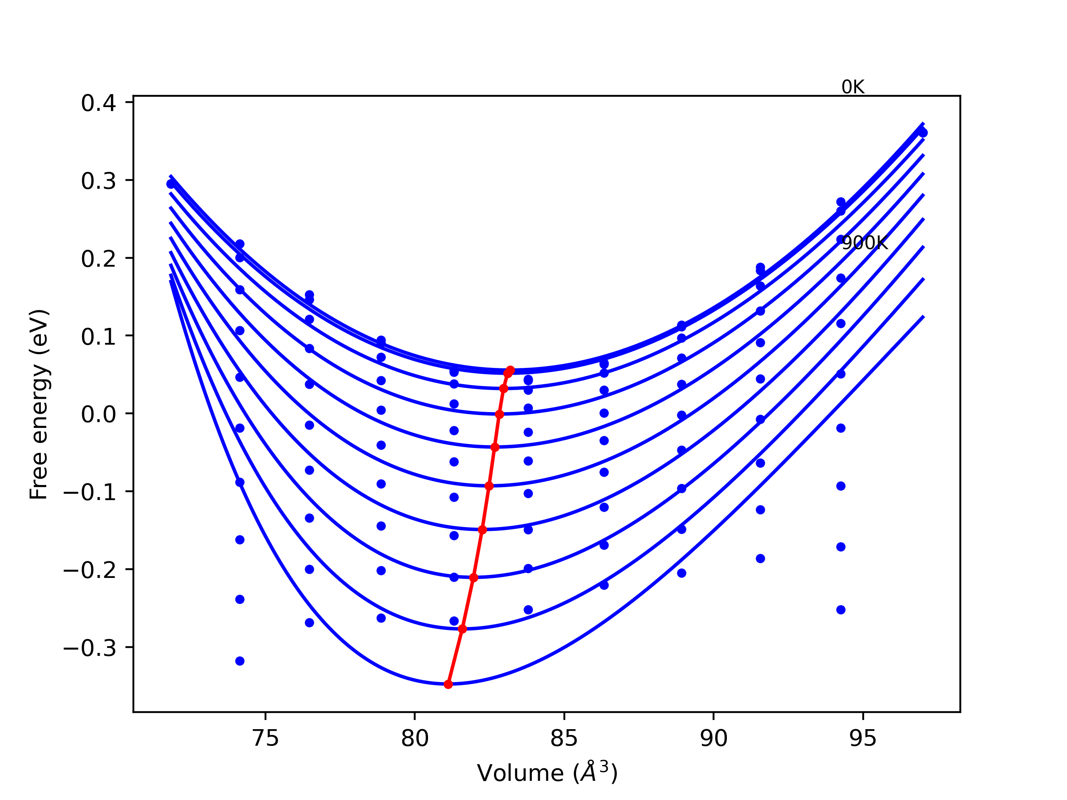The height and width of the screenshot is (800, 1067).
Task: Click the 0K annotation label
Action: tap(852, 87)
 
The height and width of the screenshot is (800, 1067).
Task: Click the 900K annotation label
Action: tap(864, 243)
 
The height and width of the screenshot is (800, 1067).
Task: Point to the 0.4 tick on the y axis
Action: tap(98, 103)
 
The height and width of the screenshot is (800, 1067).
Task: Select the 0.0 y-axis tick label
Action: tap(98, 414)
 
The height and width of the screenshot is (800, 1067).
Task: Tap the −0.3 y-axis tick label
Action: tap(90, 648)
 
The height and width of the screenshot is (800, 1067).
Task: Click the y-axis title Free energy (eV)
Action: tap(39, 404)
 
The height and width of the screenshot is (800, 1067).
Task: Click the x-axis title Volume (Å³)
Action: tap(547, 773)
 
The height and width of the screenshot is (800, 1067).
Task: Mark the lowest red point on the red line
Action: tap(448, 684)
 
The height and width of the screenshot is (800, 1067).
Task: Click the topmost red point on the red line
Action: tap(510, 370)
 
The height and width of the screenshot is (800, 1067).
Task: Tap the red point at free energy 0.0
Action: tap(499, 414)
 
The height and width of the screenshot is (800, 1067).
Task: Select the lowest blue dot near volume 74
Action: tap(240, 661)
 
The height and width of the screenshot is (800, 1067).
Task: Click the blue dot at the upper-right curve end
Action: tap(923, 132)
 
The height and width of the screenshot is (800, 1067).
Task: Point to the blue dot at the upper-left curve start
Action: tap(171, 184)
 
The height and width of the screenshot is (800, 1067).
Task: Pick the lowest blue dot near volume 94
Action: tap(841, 610)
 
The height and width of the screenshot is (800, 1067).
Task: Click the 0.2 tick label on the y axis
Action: tap(98, 259)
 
